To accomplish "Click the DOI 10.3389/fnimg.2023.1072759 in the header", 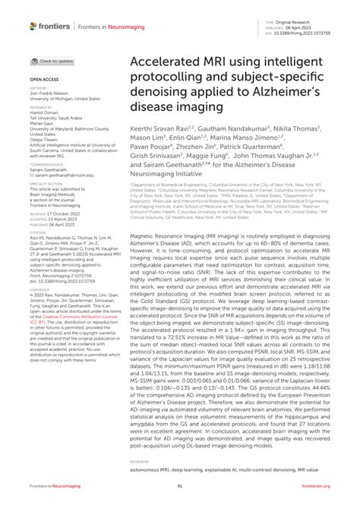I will (x=312, y=34).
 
